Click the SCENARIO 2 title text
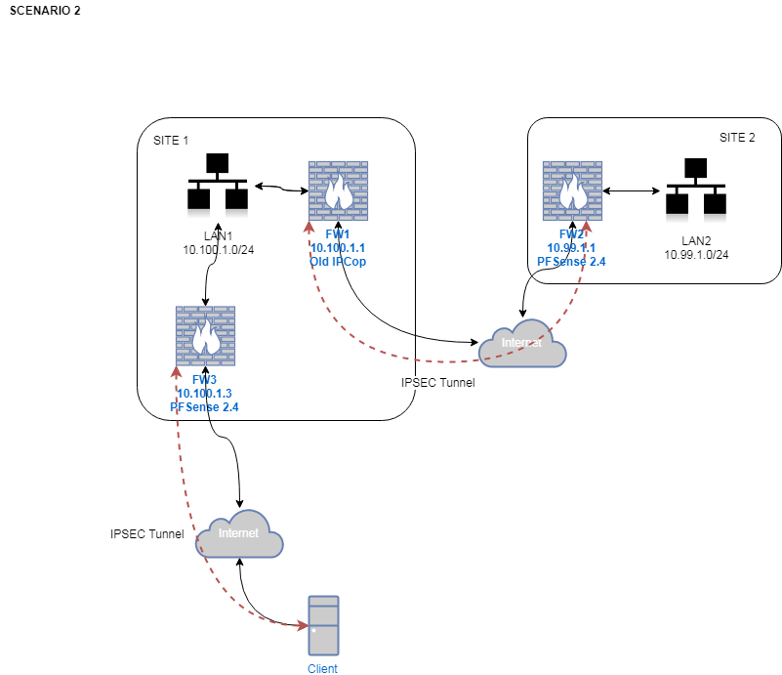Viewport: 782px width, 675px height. click(x=45, y=11)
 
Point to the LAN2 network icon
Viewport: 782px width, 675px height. click(x=695, y=188)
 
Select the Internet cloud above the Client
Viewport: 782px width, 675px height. click(x=240, y=534)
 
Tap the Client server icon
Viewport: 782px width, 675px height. click(x=323, y=625)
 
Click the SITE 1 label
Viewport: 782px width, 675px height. click(x=171, y=141)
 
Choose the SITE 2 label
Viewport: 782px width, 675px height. click(x=737, y=138)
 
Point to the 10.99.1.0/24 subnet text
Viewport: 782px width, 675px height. click(x=696, y=254)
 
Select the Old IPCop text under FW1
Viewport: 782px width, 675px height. click(x=338, y=262)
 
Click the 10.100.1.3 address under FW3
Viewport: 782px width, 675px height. click(x=205, y=393)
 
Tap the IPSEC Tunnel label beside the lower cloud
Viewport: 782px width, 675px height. click(x=147, y=534)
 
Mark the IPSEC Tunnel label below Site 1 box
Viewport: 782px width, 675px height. click(x=437, y=383)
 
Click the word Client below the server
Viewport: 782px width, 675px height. click(x=322, y=669)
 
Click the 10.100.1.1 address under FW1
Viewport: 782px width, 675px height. click(x=338, y=248)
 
